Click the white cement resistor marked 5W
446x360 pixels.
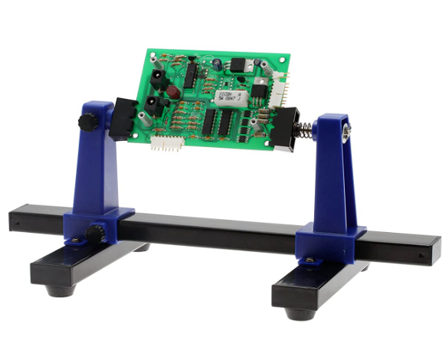coord(227,100)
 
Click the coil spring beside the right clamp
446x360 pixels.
coord(303,129)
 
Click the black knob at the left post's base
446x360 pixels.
coord(95,233)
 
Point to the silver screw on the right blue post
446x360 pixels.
coord(346,133)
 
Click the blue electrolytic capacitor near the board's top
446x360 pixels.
coord(219,64)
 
